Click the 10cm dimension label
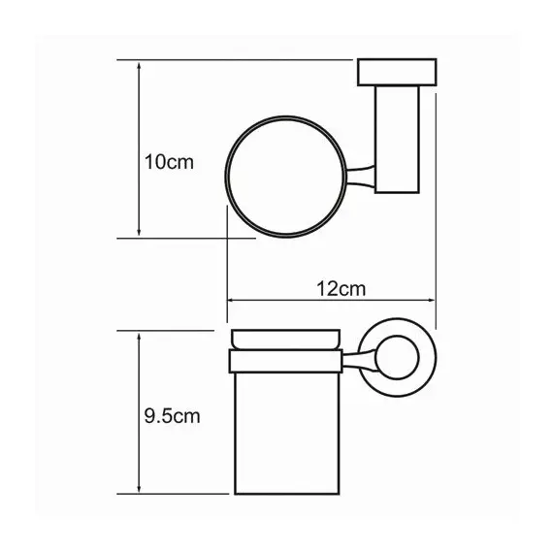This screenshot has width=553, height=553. (169, 163)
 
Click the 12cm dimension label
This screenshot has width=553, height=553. (341, 289)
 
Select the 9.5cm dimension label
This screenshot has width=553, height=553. (172, 416)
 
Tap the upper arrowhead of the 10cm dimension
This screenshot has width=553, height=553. (139, 67)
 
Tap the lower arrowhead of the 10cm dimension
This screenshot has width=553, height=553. (139, 231)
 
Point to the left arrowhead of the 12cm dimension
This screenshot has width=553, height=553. (233, 301)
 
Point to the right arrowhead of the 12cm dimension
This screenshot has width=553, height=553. (430, 301)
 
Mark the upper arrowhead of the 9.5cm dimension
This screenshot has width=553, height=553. (139, 338)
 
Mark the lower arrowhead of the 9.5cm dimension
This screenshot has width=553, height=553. (139, 487)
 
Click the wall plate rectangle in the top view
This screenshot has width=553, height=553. (397, 72)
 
